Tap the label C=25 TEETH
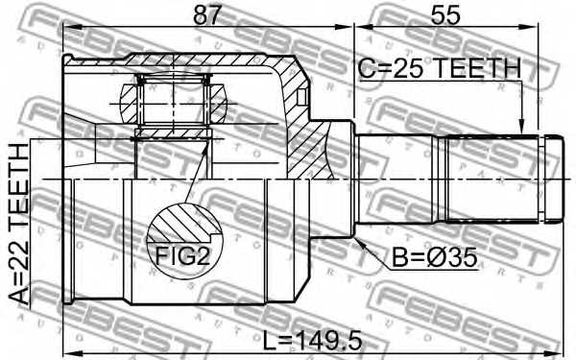point(439,68)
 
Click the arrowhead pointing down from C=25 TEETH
point(520,126)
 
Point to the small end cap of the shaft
point(552,179)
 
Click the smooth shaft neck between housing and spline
point(394,179)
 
